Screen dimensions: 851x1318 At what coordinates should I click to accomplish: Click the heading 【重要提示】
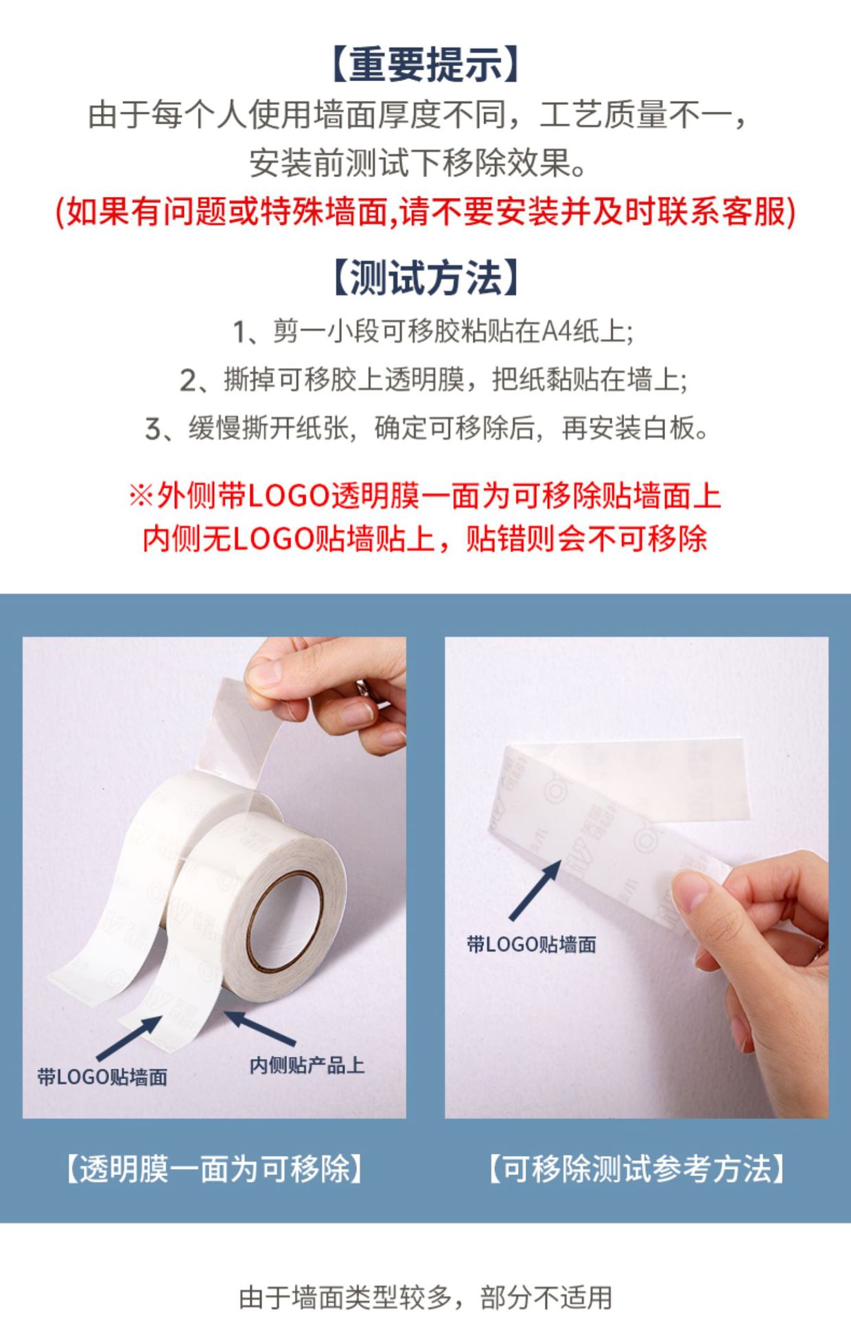click(x=425, y=65)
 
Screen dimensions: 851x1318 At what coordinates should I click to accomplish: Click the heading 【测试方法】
click(x=425, y=278)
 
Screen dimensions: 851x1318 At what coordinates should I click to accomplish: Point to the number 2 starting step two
click(x=187, y=380)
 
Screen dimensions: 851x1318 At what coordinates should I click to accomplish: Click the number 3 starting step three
click(x=152, y=429)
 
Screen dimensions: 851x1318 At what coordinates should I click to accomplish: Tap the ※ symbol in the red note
click(x=141, y=496)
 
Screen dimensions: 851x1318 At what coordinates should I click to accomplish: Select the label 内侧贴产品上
click(x=307, y=1065)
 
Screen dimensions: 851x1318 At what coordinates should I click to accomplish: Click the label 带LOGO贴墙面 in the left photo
click(x=102, y=1077)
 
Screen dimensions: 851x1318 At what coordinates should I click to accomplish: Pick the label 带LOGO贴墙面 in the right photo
click(x=531, y=945)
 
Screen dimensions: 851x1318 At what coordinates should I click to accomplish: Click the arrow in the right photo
click(x=535, y=890)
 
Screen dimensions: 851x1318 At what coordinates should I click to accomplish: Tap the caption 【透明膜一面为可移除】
click(x=213, y=1169)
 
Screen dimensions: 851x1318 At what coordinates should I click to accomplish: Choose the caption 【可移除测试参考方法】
click(x=636, y=1169)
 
